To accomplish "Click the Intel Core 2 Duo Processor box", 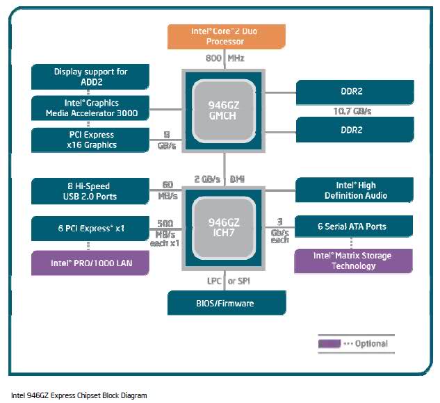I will coord(227,36).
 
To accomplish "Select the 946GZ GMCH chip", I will coord(227,110).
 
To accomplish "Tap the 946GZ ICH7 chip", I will coord(227,227).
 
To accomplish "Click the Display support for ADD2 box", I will coord(91,76).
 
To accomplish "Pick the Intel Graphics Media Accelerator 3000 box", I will coord(91,108).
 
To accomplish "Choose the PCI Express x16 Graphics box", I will coord(91,140).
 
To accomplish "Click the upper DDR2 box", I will coord(355,91).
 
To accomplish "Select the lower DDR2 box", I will coord(355,129).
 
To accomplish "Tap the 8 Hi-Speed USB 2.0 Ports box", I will coord(91,191).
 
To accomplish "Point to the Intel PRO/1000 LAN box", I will coord(91,263).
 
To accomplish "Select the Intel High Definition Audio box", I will coord(355,190).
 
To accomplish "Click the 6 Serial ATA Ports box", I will coord(355,227).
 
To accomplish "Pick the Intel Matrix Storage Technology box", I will coord(354,261).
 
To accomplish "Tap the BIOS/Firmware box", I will coord(227,303).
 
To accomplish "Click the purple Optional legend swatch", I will coord(329,343).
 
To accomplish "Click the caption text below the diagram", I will coord(79,395).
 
